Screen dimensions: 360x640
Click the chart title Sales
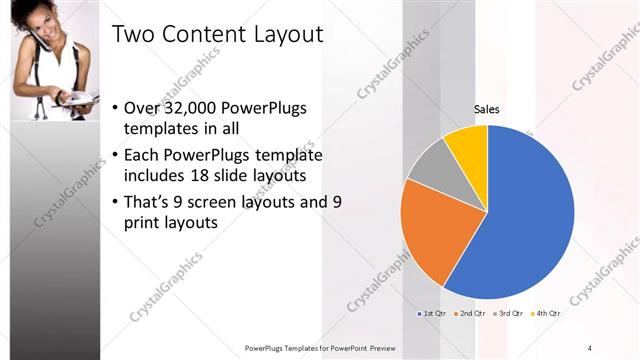click(x=487, y=109)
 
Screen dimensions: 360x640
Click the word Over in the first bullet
click(x=142, y=108)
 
